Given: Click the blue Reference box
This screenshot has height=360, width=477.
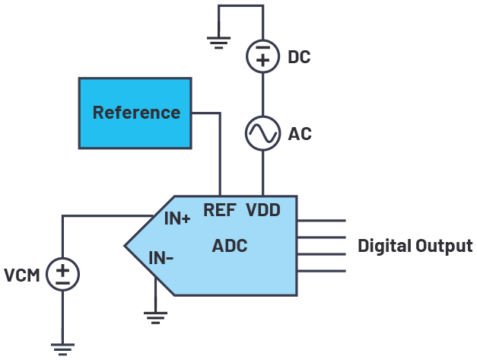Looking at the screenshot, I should tap(135, 113).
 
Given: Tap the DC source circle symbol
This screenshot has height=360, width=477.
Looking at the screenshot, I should tap(262, 56).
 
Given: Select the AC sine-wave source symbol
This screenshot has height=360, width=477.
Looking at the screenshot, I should tap(262, 134).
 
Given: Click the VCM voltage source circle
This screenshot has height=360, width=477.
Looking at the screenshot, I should tap(62, 274).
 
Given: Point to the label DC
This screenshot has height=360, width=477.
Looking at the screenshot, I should tap(300, 58).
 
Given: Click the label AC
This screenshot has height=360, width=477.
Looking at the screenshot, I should tap(300, 135).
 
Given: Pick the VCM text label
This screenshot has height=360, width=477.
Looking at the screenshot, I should tap(21, 275).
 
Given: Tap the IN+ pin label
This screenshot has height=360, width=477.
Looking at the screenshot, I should tap(178, 219).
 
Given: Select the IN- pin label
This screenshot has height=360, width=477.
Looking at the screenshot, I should tap(161, 259).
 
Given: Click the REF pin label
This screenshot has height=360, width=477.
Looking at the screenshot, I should tap(219, 210).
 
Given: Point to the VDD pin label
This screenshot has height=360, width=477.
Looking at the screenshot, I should tap(263, 210).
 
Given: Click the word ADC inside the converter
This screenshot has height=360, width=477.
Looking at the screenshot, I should tap(230, 246).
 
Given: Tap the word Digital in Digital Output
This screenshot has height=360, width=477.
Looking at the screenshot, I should tap(386, 246).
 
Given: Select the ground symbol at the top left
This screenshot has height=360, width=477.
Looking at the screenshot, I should tap(218, 43).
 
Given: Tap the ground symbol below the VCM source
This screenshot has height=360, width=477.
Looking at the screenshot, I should tap(62, 347).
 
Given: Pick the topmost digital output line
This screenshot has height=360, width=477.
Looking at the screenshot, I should tap(321, 221).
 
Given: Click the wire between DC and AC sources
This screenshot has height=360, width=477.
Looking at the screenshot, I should tap(262, 94).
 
